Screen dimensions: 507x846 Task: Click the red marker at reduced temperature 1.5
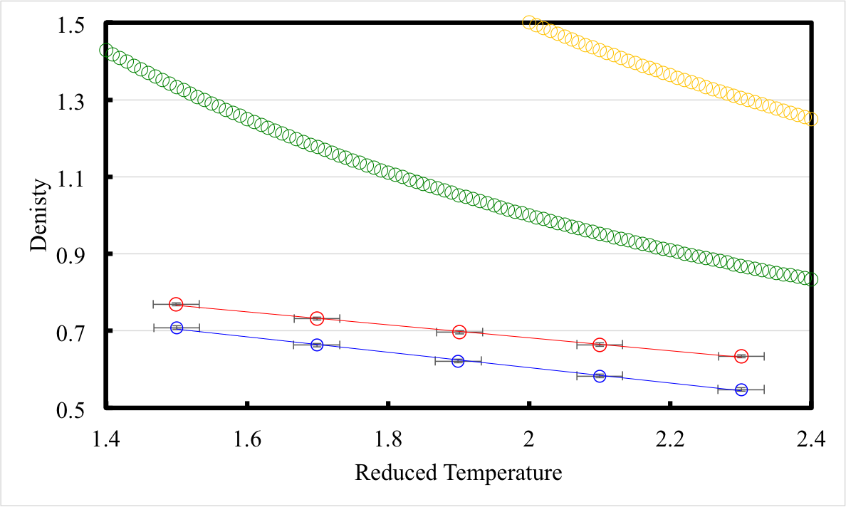pos(176,304)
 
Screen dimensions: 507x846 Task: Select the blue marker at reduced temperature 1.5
pos(177,328)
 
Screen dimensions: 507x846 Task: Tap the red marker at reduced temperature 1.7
pos(317,318)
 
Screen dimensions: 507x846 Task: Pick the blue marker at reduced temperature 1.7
pos(317,345)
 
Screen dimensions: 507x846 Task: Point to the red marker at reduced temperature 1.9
pos(459,332)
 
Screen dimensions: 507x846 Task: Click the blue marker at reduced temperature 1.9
pos(458,361)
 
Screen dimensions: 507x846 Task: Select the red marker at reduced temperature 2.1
pos(600,345)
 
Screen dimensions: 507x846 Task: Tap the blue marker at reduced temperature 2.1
pos(600,375)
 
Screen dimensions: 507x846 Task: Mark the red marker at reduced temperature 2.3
pos(741,356)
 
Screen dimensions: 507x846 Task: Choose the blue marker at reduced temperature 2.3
pos(741,390)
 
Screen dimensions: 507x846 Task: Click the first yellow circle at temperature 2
pos(528,23)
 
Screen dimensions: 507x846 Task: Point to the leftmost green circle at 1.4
pos(106,51)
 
